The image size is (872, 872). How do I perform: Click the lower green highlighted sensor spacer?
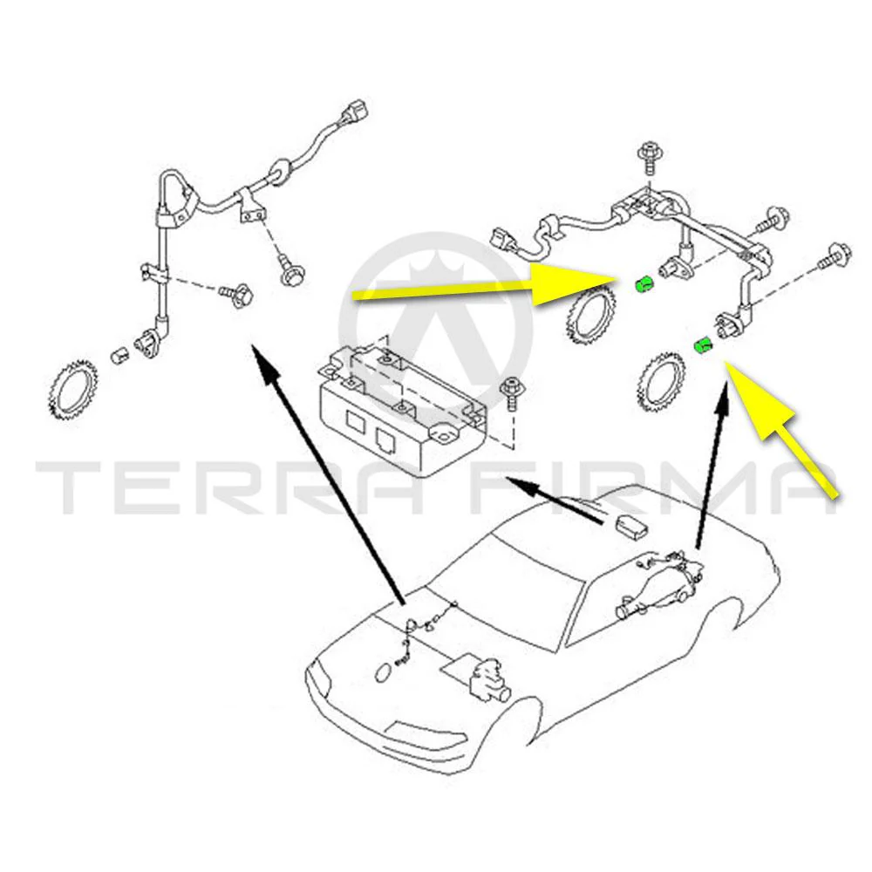point(704,345)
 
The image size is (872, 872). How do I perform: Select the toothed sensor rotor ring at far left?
point(73,390)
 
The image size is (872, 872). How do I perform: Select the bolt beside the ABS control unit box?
point(510,393)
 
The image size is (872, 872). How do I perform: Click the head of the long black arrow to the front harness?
point(265,364)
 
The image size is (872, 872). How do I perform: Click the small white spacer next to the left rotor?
point(120,354)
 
